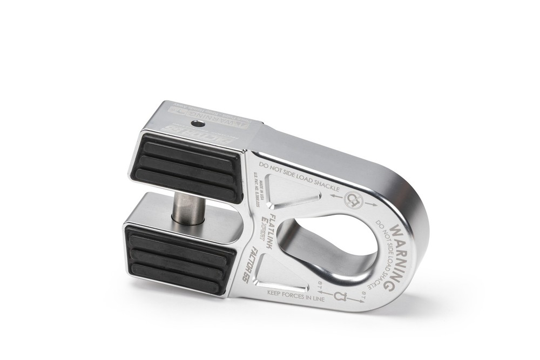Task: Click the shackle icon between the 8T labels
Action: (340, 296)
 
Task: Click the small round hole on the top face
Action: (201, 124)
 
